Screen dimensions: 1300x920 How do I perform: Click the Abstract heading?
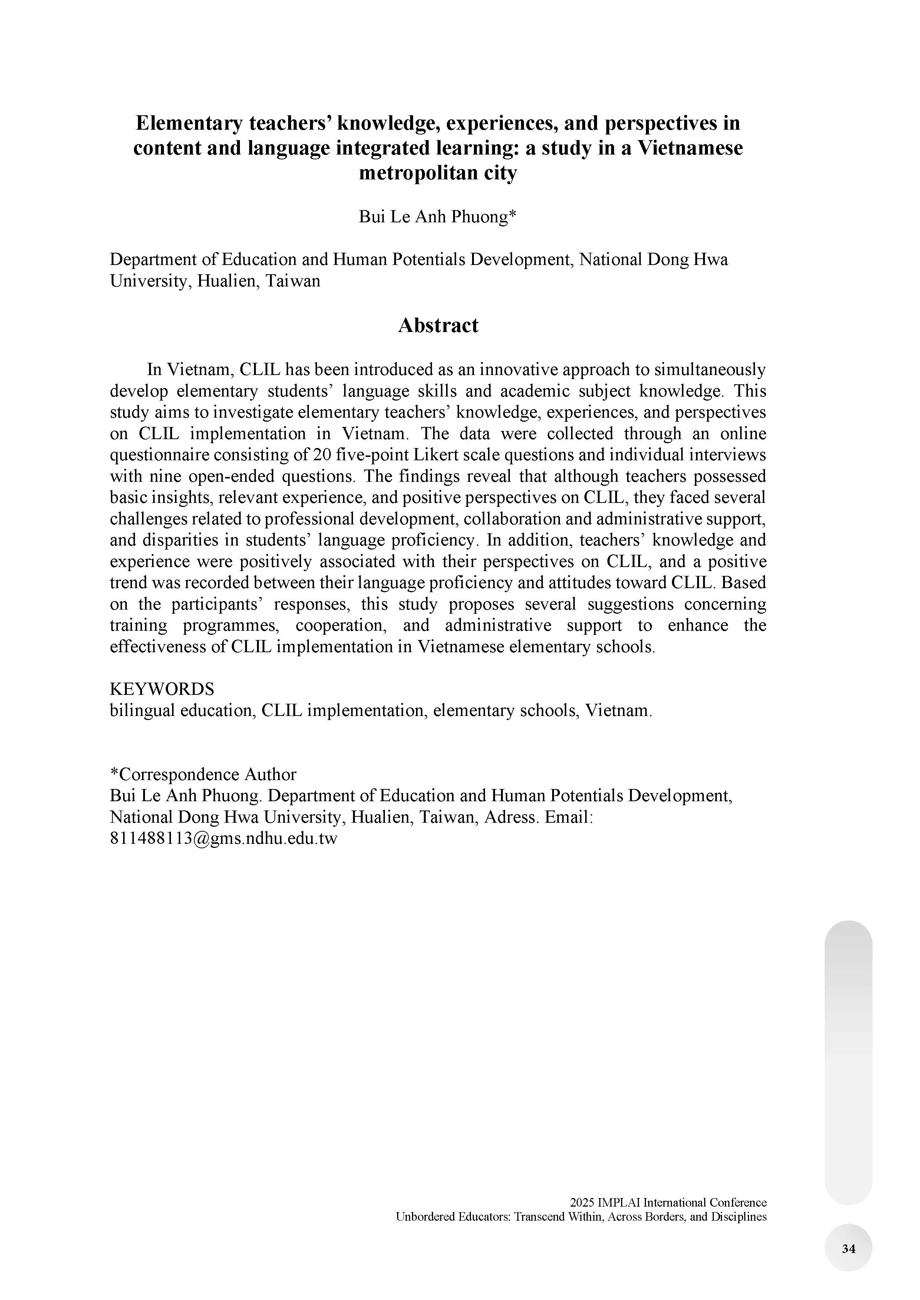tap(438, 326)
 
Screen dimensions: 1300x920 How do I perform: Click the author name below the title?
tap(437, 217)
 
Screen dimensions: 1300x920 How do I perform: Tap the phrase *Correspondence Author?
tap(203, 774)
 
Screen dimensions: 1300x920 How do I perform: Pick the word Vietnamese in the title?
tap(690, 148)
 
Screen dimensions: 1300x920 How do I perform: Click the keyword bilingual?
tap(142, 710)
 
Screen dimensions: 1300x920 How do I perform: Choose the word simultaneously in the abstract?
tap(709, 370)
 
